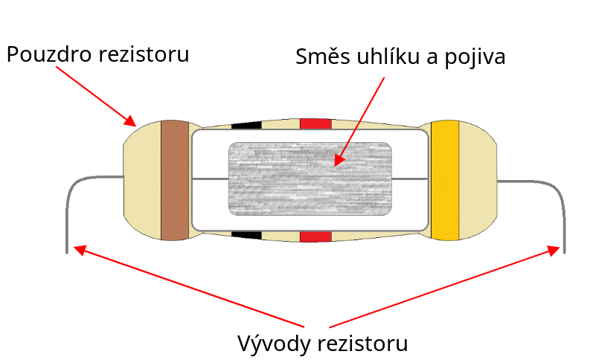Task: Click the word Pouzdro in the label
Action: [49, 55]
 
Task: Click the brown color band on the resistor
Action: [176, 180]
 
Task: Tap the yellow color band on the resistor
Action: [445, 180]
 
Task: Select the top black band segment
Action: [247, 124]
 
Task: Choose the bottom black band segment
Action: [247, 236]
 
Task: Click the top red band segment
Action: [315, 123]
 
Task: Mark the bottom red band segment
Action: [315, 237]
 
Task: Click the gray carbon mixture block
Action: [310, 179]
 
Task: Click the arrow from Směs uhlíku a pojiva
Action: [361, 119]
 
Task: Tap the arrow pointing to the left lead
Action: [186, 286]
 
